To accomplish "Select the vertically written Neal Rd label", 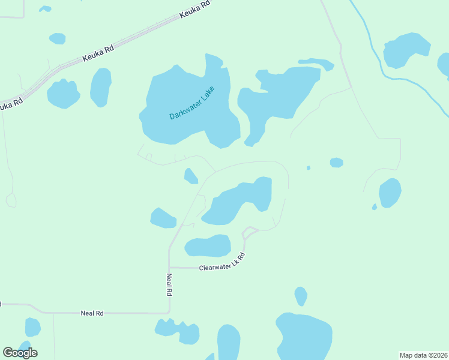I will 169,286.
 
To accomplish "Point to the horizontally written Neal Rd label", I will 92,313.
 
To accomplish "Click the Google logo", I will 20,353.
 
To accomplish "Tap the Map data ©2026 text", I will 424,355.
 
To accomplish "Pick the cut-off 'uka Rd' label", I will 11,103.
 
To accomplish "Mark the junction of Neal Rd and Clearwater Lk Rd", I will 170,267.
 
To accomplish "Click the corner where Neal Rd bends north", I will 169,312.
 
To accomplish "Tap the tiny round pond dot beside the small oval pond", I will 309,168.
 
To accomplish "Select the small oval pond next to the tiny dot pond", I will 336,163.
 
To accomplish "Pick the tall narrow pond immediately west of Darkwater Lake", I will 101,88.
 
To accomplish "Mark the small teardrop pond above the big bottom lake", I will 301,296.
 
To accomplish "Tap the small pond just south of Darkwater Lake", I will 191,176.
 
